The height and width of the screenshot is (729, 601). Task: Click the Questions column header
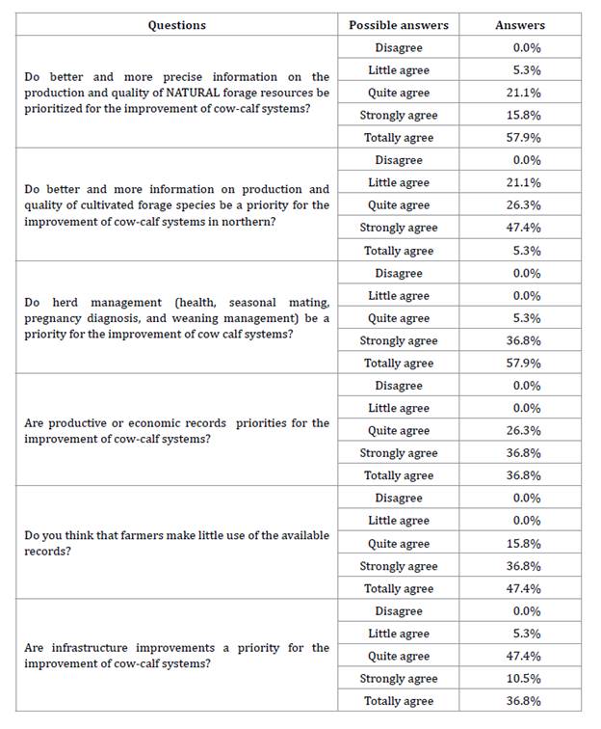point(176,25)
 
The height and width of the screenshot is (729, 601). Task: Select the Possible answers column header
point(398,25)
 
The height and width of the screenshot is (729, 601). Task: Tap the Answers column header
point(519,25)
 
